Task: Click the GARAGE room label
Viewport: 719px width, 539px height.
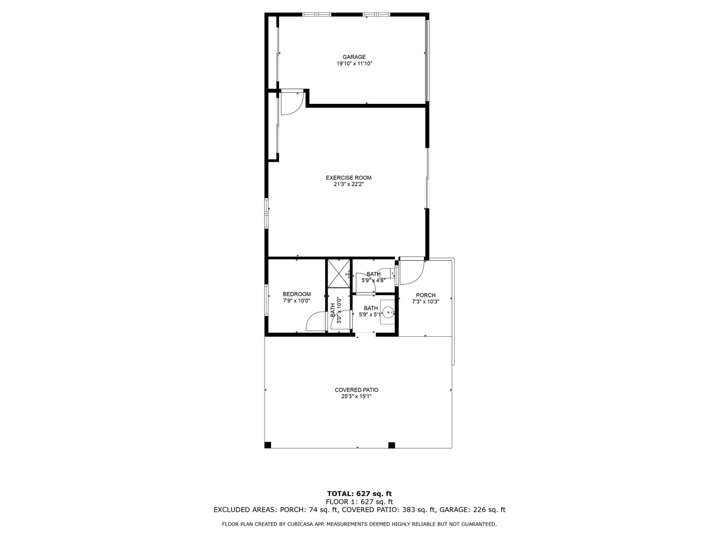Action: coord(354,57)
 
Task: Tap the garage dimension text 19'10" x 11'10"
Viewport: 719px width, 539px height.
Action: coord(354,64)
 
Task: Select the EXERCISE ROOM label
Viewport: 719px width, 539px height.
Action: coord(349,178)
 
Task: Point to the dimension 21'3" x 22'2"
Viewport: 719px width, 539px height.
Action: coord(349,184)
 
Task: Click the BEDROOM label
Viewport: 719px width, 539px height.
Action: coord(297,294)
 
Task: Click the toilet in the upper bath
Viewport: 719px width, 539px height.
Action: coord(390,273)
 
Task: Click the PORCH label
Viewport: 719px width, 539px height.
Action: coord(425,295)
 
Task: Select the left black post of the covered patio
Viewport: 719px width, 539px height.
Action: coord(268,445)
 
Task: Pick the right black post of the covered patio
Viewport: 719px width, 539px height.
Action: coord(391,445)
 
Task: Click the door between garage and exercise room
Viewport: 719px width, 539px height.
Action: coord(291,103)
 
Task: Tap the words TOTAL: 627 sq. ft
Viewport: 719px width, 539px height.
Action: coord(359,494)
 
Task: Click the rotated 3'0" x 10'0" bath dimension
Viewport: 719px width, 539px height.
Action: coord(339,310)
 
